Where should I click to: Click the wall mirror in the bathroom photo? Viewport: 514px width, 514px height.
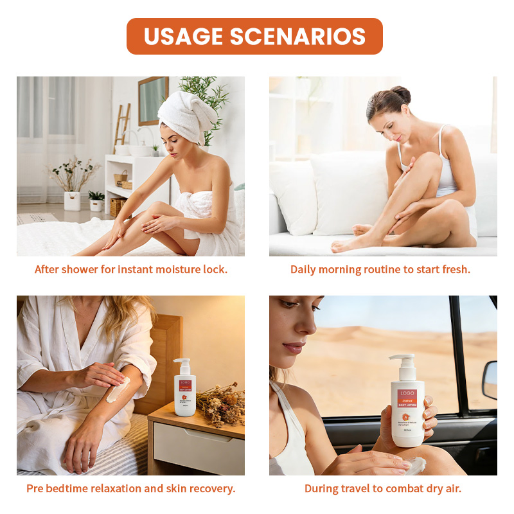153,100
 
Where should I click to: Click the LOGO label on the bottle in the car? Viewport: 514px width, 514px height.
407,393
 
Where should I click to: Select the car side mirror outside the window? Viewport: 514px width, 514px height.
490,380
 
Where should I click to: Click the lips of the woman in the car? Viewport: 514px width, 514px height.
292,347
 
